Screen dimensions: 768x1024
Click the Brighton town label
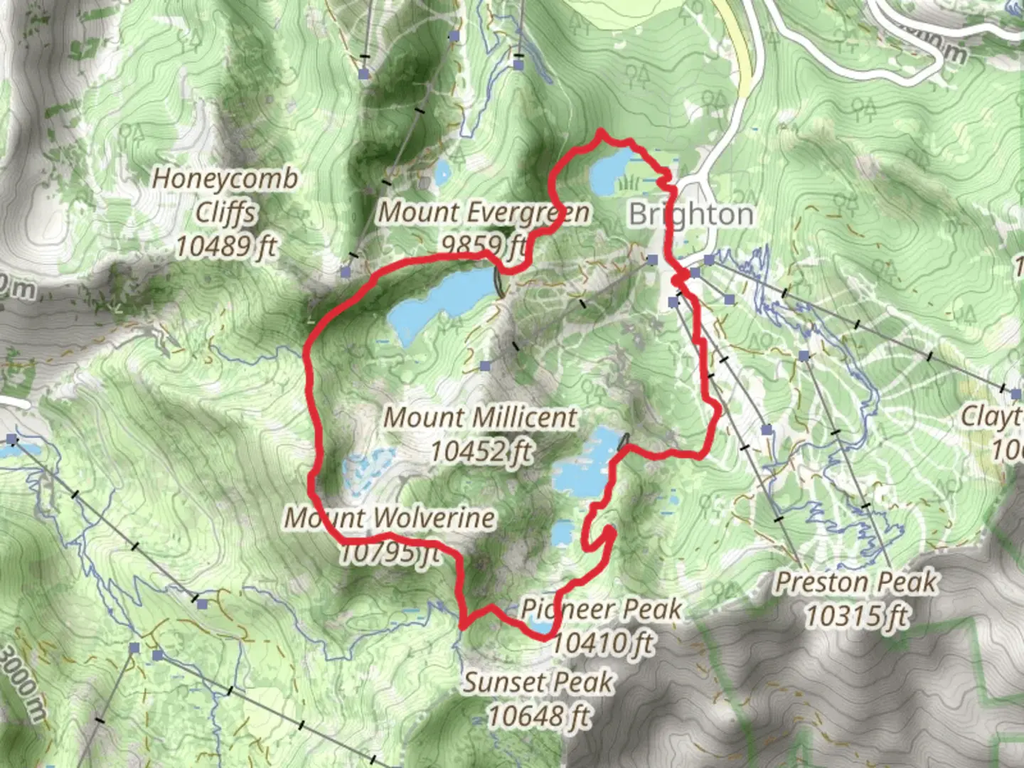(690, 214)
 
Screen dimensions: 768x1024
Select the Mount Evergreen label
(484, 212)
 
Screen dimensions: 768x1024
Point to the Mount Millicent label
(481, 417)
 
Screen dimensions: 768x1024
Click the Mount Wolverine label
(390, 518)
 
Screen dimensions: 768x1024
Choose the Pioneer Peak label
(601, 609)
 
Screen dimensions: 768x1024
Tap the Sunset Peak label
(538, 683)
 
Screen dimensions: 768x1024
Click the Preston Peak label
(855, 582)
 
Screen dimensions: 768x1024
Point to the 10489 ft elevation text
(226, 246)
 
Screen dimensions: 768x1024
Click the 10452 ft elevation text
(481, 451)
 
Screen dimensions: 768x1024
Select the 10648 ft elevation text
(538, 716)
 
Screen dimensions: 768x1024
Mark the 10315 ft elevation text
(856, 616)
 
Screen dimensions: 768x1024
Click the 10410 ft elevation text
(602, 643)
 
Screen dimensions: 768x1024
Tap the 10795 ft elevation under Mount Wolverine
(390, 553)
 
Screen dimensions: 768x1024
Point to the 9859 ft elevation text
(484, 245)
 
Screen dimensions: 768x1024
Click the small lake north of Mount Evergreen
(442, 171)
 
